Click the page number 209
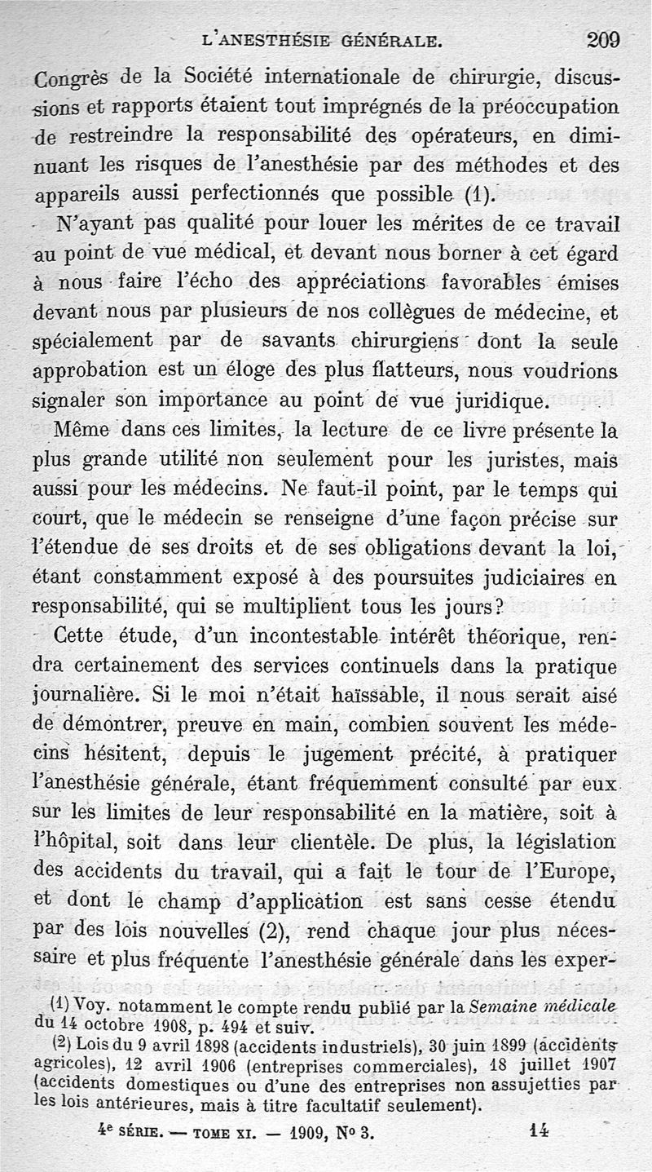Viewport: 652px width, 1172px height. pyautogui.click(x=603, y=38)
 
